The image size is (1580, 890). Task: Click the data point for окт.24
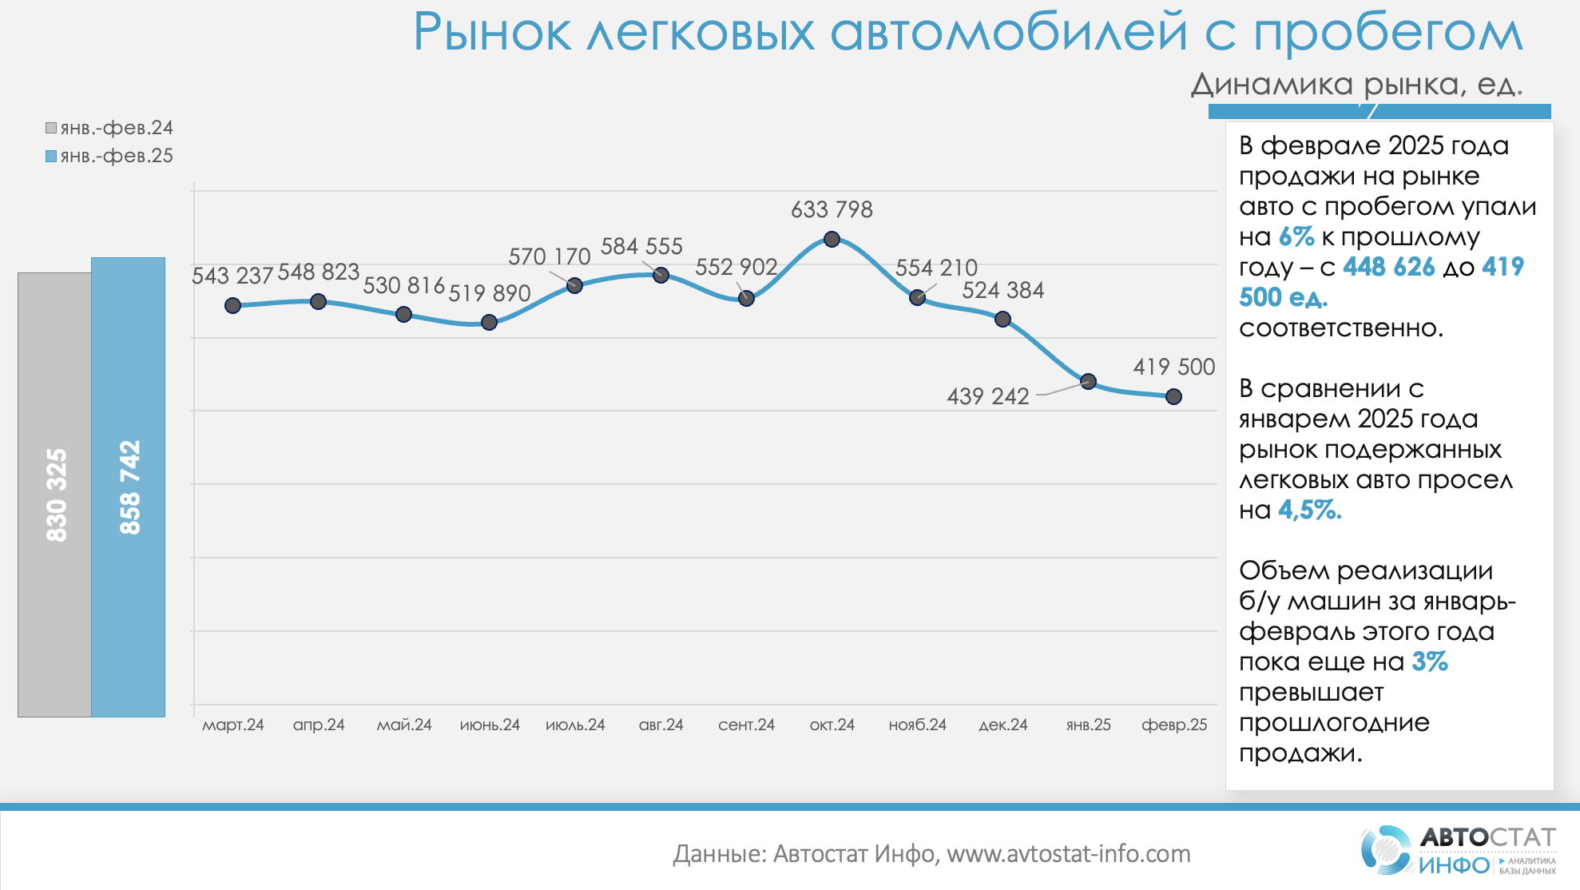click(832, 239)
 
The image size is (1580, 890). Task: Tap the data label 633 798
click(832, 209)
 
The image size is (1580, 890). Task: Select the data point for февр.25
click(1173, 396)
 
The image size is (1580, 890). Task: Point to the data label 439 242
click(987, 396)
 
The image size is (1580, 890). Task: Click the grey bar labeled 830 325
click(55, 495)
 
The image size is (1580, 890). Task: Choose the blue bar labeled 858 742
click(128, 487)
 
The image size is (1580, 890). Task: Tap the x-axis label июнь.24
click(490, 725)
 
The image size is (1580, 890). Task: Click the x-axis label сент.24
click(746, 725)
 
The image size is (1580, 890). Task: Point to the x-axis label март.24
click(232, 725)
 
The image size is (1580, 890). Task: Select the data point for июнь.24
click(489, 323)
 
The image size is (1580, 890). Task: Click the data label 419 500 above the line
click(1173, 367)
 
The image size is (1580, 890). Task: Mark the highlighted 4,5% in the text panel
click(1310, 510)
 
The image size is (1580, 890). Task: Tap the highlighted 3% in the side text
click(1430, 662)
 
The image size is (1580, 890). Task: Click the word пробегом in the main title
click(1387, 34)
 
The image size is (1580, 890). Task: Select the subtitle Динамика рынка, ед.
click(1356, 84)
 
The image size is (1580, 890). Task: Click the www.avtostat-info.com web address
click(1068, 854)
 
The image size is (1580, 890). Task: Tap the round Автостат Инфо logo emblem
click(1386, 849)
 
